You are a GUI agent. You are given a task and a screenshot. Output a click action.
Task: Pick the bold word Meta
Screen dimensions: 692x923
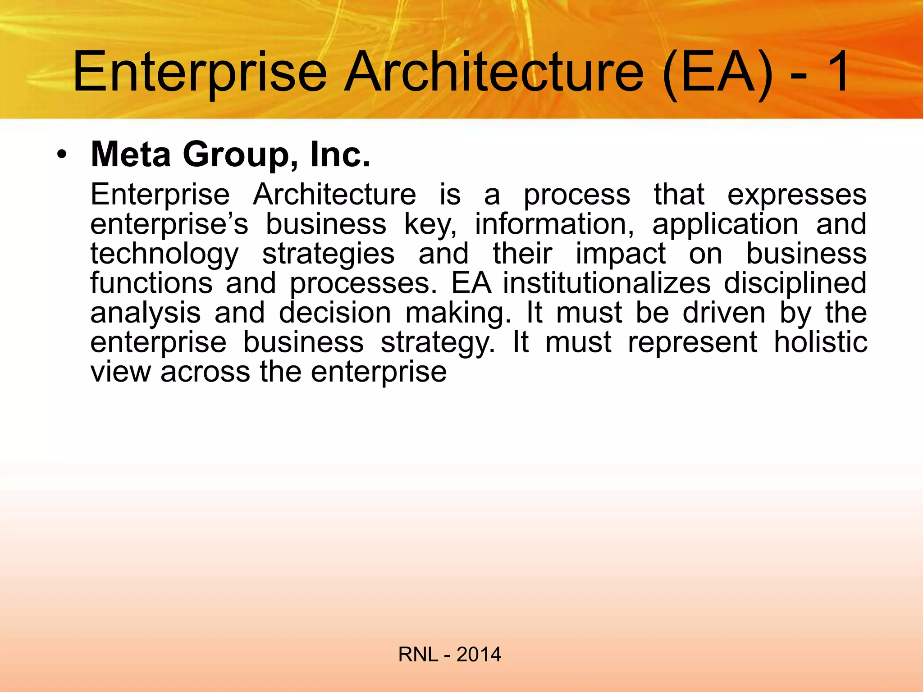click(131, 155)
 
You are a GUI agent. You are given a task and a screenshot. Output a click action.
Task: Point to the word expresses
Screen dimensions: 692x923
click(797, 195)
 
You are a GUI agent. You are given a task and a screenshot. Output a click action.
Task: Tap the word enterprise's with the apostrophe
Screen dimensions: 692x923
click(169, 224)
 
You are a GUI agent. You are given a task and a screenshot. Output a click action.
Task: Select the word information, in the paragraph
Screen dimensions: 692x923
click(554, 224)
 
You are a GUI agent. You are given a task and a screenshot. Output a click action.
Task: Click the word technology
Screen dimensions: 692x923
click(164, 254)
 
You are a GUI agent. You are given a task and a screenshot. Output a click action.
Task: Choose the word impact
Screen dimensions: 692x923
click(621, 254)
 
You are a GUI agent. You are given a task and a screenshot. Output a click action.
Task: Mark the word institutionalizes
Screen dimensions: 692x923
click(607, 283)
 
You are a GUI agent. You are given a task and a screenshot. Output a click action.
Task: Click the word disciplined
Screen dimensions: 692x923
click(795, 283)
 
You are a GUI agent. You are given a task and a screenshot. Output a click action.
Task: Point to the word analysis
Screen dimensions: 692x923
click(145, 313)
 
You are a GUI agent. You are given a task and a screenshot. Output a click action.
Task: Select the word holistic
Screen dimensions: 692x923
click(820, 342)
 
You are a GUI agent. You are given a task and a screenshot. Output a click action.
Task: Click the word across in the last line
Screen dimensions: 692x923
click(205, 372)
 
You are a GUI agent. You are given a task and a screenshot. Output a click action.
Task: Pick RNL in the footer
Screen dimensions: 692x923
click(418, 654)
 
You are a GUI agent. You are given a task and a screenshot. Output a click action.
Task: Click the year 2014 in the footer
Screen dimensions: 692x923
click(479, 654)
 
